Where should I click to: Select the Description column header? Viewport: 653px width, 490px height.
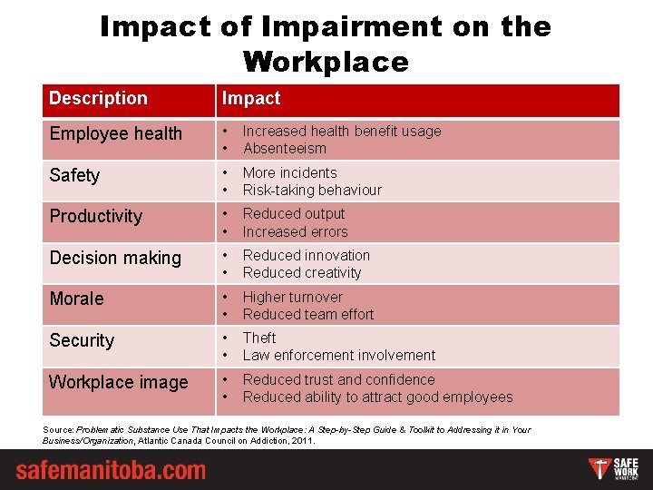click(98, 98)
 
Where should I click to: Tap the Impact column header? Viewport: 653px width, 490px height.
click(252, 98)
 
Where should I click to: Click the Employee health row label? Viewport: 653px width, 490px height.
click(116, 133)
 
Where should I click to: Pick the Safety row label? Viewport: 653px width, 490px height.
click(74, 175)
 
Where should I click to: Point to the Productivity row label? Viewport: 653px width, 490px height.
click(96, 216)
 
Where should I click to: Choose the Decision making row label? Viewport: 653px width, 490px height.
click(115, 258)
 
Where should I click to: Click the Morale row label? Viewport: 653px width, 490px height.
click(76, 299)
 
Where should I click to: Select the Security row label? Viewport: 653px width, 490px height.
click(82, 340)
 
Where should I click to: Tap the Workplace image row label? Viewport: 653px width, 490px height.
click(119, 382)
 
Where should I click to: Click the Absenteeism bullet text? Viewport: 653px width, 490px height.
click(285, 148)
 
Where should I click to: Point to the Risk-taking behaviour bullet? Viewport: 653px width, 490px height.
click(312, 190)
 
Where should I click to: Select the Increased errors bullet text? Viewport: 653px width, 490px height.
click(295, 231)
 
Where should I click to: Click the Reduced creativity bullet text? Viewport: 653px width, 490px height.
click(302, 272)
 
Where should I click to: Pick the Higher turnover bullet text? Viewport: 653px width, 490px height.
click(293, 297)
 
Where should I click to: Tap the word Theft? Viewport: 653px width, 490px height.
click(259, 338)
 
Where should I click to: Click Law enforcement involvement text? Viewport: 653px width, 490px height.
click(339, 355)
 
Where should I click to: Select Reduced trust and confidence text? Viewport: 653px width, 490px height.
click(339, 379)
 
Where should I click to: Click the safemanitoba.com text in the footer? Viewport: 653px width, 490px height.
click(111, 471)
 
